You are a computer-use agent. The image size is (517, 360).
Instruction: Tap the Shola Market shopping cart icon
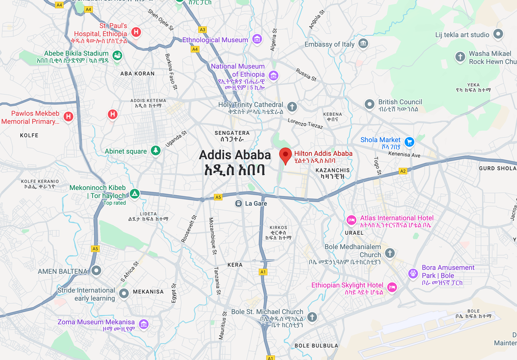409,141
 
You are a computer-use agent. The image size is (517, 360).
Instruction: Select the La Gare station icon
238,203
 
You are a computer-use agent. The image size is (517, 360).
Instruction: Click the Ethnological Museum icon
257,40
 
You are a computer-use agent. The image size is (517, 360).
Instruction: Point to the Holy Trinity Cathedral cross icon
292,106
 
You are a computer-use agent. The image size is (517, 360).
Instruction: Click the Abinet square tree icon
156,151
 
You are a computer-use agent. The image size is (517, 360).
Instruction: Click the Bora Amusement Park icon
413,273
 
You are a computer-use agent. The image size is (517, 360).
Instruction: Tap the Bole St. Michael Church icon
312,317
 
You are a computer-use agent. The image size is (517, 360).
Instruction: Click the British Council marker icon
369,104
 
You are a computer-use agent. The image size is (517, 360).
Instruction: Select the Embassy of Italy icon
364,43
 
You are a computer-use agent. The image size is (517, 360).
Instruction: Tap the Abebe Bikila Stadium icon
117,56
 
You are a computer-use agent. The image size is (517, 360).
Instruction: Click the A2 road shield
403,171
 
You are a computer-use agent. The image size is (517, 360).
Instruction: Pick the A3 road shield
202,30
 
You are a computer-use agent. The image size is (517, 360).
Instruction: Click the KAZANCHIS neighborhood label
333,171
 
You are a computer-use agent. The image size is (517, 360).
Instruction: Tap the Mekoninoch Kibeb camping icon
135,193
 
